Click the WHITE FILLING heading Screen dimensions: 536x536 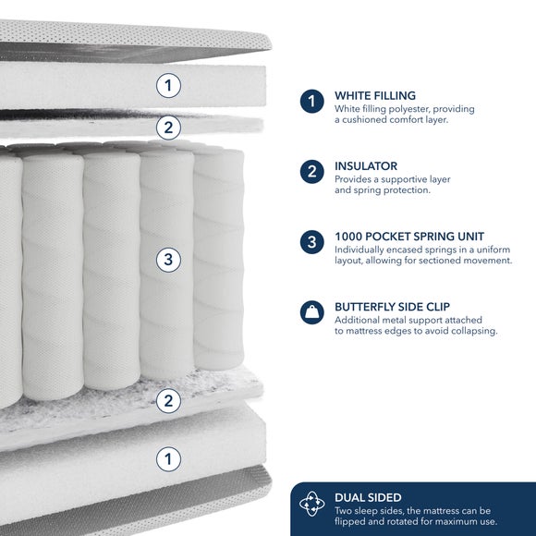(x=375, y=95)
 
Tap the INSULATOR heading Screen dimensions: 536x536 (x=366, y=166)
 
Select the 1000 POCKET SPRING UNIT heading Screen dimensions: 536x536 (x=409, y=237)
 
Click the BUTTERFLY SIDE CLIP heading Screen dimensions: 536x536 (x=392, y=307)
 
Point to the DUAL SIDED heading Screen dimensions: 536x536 (x=368, y=497)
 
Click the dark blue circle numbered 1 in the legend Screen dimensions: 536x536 (x=312, y=101)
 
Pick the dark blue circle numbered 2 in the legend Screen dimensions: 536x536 (x=312, y=172)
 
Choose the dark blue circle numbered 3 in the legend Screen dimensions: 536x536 (x=312, y=242)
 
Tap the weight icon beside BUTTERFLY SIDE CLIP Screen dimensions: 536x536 (x=312, y=312)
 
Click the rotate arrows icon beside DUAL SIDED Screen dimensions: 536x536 (x=312, y=504)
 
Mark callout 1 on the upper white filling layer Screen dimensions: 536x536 (x=168, y=85)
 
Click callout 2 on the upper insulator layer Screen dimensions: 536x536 (x=168, y=128)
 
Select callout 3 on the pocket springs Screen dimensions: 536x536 (x=168, y=260)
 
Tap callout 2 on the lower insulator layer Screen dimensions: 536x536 (x=168, y=401)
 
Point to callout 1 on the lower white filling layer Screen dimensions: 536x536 (x=168, y=459)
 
